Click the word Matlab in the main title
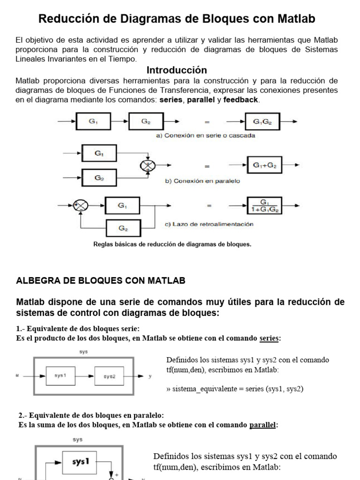click(x=295, y=19)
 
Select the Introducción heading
click(x=177, y=70)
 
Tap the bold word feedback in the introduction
click(x=241, y=100)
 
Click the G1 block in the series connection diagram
click(x=93, y=121)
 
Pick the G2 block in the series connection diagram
click(x=146, y=121)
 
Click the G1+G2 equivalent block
click(x=265, y=165)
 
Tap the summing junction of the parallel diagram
click(x=148, y=166)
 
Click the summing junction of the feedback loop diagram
click(x=81, y=206)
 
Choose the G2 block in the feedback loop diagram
click(x=123, y=229)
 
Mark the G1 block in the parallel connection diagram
click(x=99, y=153)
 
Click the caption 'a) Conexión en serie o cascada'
click(x=205, y=136)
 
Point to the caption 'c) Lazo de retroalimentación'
click(x=209, y=224)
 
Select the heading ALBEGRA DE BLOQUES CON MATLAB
click(x=101, y=281)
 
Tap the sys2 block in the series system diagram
click(x=110, y=376)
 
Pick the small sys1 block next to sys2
click(x=60, y=376)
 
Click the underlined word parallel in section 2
click(x=262, y=425)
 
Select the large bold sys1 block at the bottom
click(x=81, y=462)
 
